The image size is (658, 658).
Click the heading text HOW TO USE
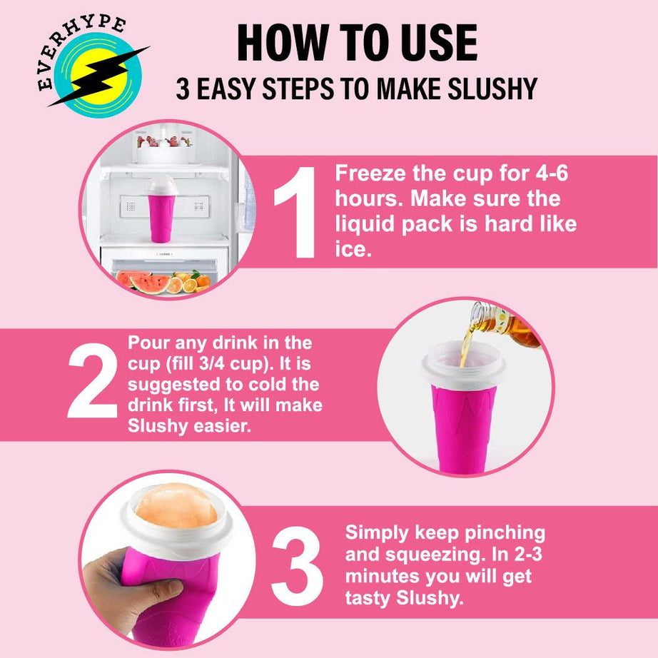[357, 43]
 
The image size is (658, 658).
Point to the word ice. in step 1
[353, 250]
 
